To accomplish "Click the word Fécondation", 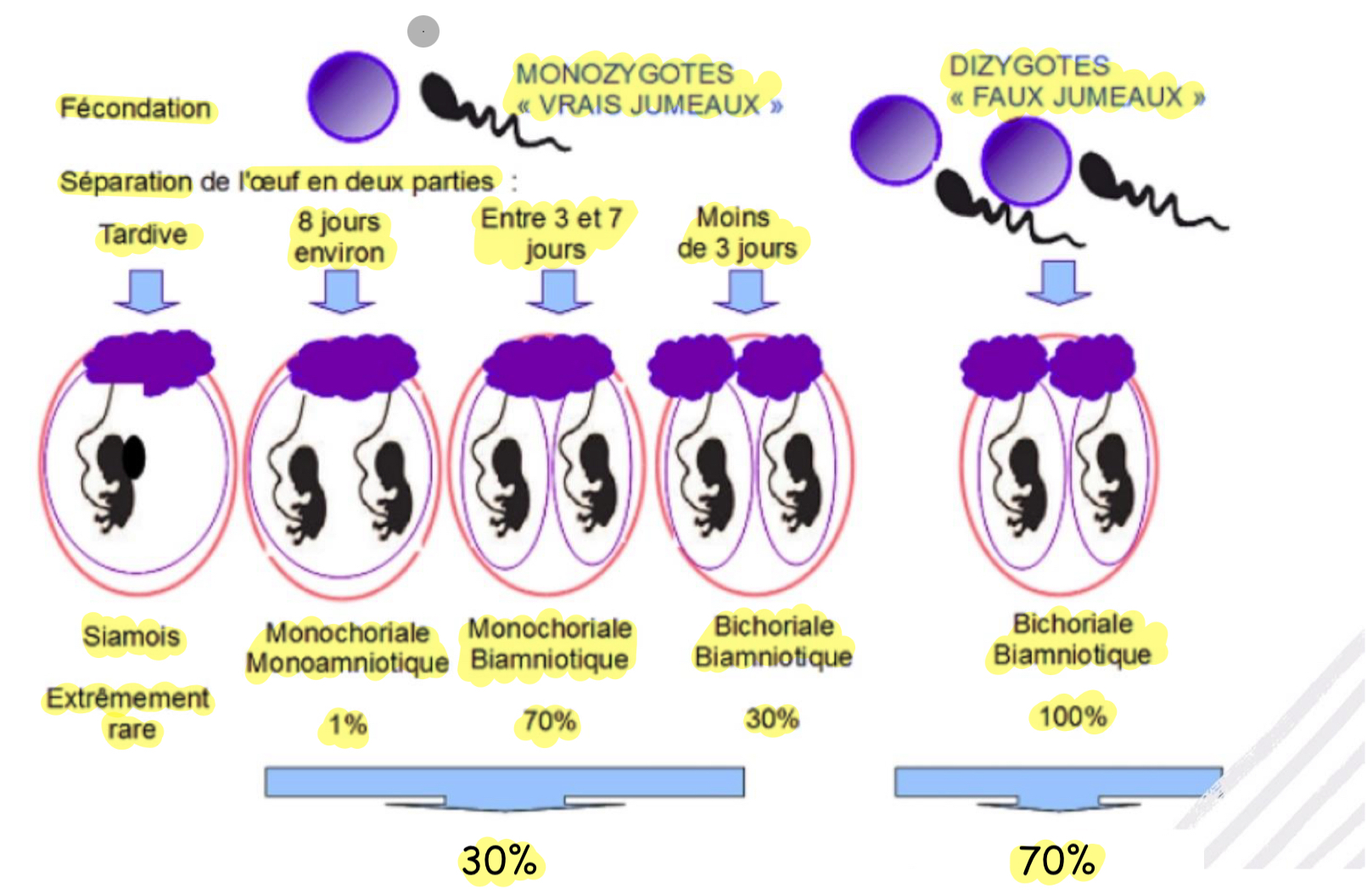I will pos(136,109).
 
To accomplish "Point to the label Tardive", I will pos(143,234).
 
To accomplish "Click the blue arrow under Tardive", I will pos(148,291).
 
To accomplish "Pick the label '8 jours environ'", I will pos(339,237).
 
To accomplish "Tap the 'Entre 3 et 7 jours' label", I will pos(552,233).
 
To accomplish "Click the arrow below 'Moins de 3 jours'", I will pos(746,291).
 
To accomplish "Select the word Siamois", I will pos(132,636).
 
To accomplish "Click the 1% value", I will pos(348,725).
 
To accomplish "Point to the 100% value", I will pos(1073,717).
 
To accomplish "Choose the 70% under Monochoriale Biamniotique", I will pos(549,722).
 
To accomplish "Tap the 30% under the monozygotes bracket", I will pos(499,861).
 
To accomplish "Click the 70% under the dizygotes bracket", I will pos(1056,861).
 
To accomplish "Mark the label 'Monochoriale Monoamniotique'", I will pos(347,648).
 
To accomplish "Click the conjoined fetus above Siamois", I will pos(117,475).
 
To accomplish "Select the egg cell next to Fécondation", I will pos(352,96).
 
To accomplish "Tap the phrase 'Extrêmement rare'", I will pos(129,714).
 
